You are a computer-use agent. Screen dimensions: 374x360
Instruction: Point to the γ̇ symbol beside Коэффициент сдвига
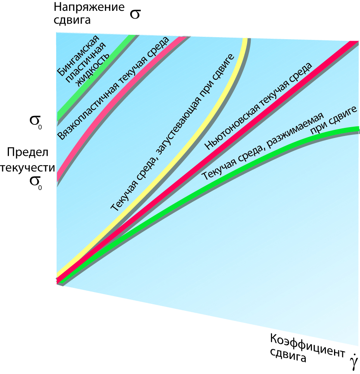point(353,362)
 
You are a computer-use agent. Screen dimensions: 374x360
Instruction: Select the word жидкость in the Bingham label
point(93,69)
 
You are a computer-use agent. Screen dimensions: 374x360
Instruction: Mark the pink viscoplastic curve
point(116,97)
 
